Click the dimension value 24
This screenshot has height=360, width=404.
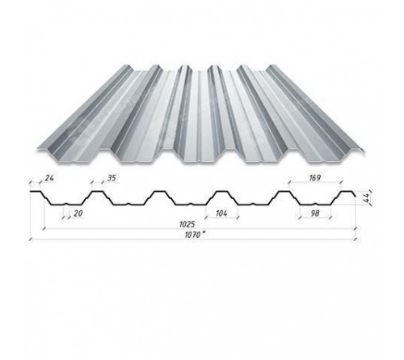point(49,178)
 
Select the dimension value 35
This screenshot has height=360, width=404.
point(112,178)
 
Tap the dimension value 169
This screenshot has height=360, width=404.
point(315,178)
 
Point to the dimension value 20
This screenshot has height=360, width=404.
point(78,214)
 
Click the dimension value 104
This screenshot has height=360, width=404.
point(221,214)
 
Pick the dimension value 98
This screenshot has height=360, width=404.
point(315,214)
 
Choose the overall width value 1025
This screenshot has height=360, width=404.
point(187,224)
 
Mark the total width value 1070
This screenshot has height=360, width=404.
point(192,235)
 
